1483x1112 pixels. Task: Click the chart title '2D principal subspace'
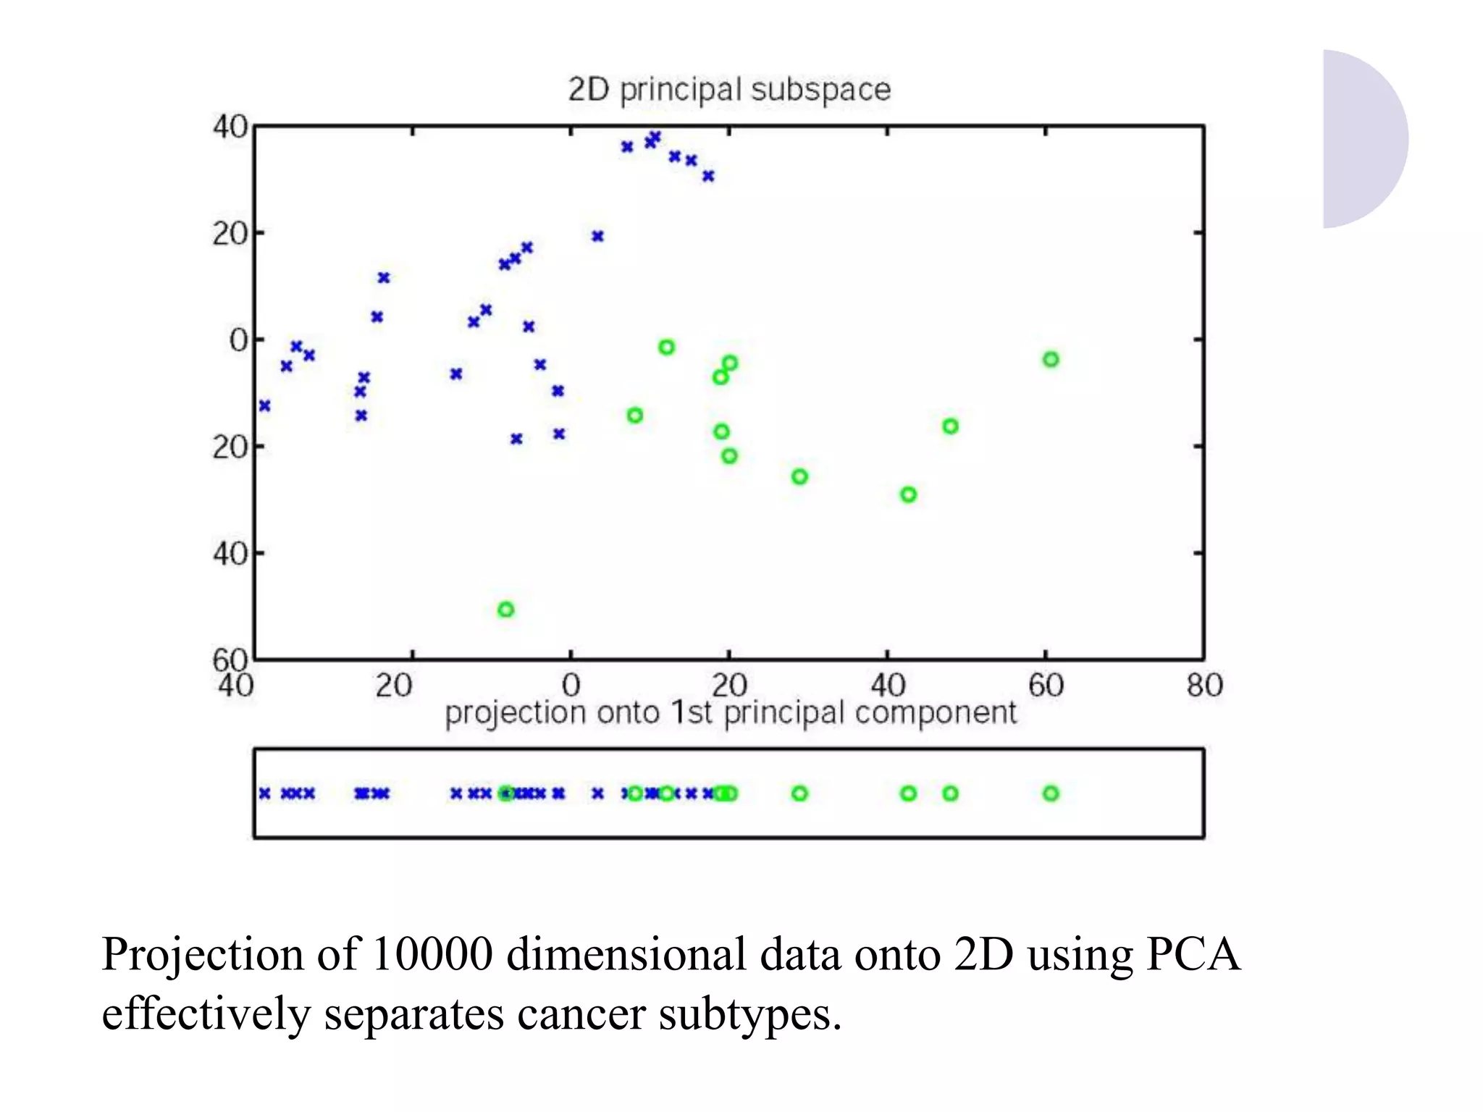[x=729, y=90]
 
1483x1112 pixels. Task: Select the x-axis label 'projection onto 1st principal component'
[x=730, y=713]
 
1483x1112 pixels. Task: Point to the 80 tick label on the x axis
[x=1204, y=685]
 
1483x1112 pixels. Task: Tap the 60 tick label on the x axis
[x=1046, y=685]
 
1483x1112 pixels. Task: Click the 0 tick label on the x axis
[x=571, y=685]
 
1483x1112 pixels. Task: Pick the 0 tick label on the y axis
[x=238, y=340]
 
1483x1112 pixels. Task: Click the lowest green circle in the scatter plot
[x=506, y=610]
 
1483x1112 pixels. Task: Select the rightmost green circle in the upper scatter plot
[x=1051, y=359]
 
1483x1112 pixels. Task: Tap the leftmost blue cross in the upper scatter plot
[x=265, y=405]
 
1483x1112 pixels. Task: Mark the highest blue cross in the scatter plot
[x=655, y=136]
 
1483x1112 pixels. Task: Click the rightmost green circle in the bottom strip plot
[x=1051, y=793]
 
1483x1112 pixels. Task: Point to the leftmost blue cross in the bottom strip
[x=265, y=793]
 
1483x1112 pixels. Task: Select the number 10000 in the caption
[x=432, y=954]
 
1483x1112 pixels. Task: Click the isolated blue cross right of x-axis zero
[x=597, y=236]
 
